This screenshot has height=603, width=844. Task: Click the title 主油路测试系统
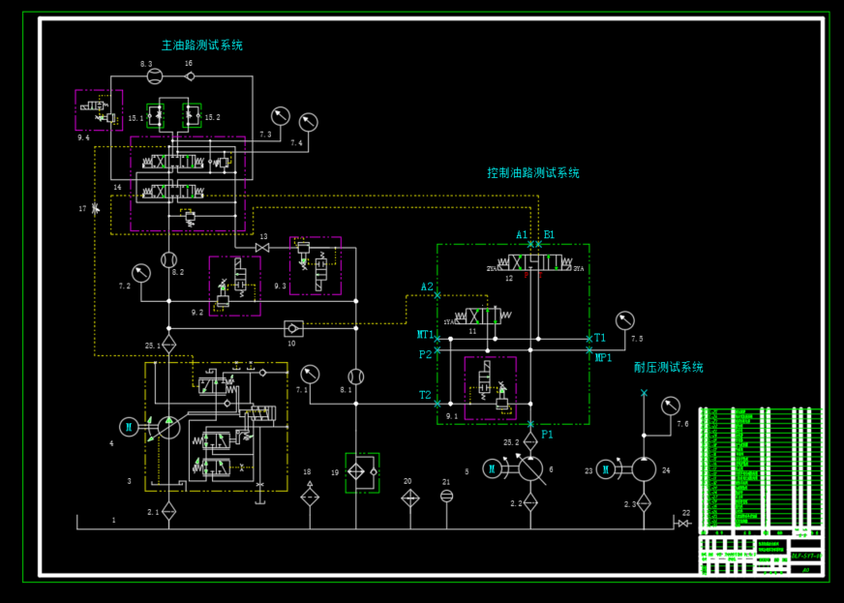pos(202,45)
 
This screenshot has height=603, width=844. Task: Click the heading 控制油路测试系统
pos(533,173)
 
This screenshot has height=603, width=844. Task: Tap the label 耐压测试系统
pos(669,368)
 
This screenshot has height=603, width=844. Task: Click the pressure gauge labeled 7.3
pos(281,114)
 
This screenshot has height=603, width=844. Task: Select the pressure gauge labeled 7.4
pos(309,122)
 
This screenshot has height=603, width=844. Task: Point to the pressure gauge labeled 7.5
pos(624,319)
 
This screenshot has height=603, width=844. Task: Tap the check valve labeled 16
pos(190,76)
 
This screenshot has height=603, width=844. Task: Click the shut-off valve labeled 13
pos(262,249)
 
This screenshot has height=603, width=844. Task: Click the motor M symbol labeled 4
pos(129,426)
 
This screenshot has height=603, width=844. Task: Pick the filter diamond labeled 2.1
pos(168,511)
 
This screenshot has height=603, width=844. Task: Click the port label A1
pos(522,235)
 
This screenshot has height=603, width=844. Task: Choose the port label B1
pos(549,235)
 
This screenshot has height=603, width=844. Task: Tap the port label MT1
pos(425,335)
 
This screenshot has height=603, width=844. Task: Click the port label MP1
pos(603,358)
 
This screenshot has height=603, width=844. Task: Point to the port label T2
pos(425,395)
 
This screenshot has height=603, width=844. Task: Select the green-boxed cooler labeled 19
pos(362,472)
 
